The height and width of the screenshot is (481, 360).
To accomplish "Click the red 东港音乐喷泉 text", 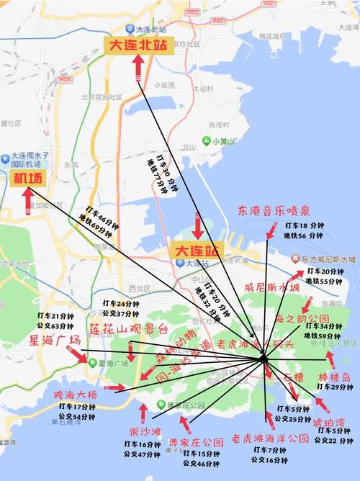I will point(273,210).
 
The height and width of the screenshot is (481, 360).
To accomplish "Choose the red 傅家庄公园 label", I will point(192,441).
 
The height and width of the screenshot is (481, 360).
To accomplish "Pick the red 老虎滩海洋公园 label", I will point(270,437).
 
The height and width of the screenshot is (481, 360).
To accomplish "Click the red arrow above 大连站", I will point(197,225).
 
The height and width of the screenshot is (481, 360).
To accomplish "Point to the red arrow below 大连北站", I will point(138,67).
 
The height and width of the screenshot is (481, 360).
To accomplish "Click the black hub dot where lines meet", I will point(264,358).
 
